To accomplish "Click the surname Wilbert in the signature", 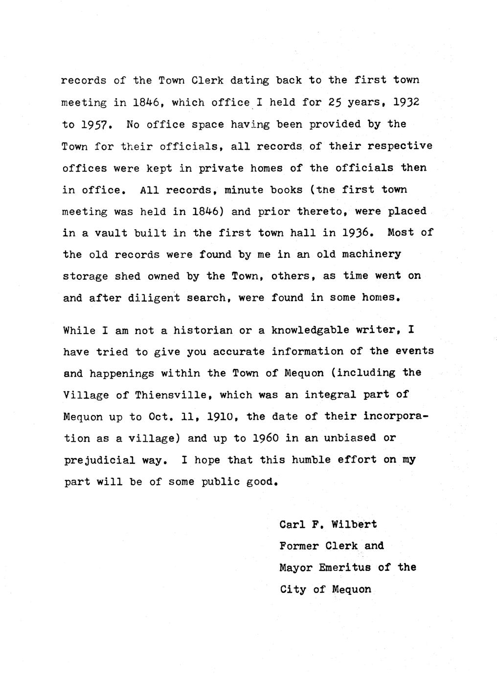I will [x=354, y=524].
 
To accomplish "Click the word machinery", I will [x=371, y=254].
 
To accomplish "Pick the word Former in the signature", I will [x=298, y=545].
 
